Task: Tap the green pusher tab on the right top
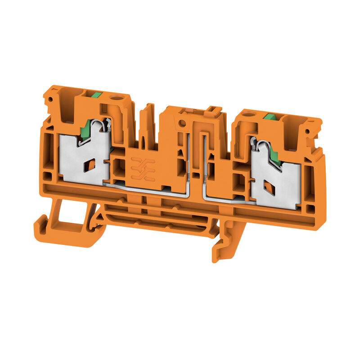tap(270, 117)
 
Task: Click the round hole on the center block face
tap(182, 123)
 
